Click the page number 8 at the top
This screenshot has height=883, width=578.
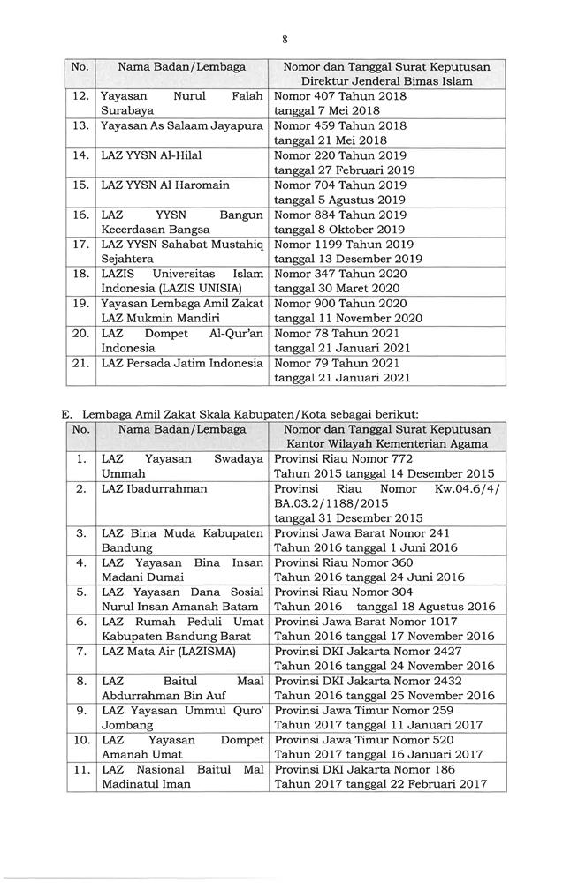(285, 38)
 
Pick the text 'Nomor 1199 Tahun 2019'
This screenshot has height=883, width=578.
(345, 245)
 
